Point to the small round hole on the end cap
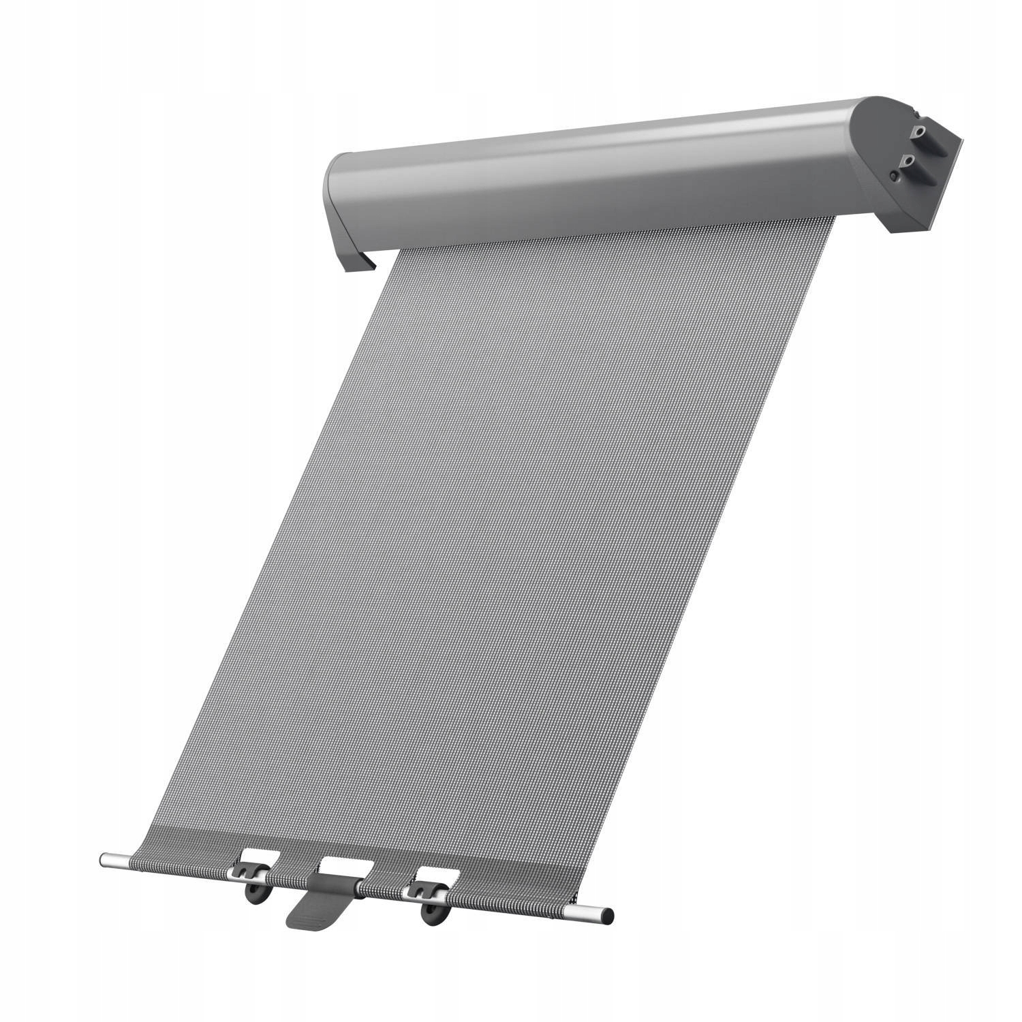point(893,176)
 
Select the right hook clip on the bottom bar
point(422,890)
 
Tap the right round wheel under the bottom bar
point(431,914)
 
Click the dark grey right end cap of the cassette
point(879,164)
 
